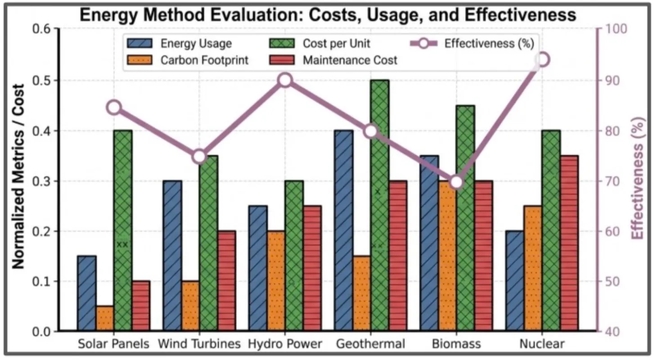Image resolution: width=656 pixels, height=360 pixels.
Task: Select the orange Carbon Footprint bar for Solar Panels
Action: (105, 319)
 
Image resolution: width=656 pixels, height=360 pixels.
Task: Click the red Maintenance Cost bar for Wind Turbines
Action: (226, 281)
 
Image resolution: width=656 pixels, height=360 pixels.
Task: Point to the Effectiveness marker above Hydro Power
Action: (285, 81)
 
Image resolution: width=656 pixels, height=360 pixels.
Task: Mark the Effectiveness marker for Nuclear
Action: (543, 60)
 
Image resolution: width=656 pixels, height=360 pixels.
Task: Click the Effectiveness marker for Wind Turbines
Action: (199, 157)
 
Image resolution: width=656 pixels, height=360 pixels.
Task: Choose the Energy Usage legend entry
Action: (180, 44)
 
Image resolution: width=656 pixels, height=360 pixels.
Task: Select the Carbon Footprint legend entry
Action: (189, 60)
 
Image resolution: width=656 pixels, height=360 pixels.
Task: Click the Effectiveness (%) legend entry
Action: (472, 44)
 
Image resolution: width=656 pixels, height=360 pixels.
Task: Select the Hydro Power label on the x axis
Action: (285, 344)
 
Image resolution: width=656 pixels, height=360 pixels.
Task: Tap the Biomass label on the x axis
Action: (456, 344)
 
